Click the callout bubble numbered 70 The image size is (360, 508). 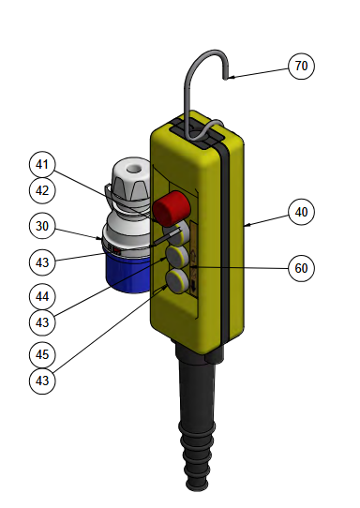tap(301, 67)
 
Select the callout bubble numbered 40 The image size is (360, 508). tap(301, 212)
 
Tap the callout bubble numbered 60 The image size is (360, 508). tap(301, 268)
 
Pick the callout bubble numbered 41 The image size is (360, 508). tap(42, 165)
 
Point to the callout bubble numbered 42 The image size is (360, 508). tap(42, 190)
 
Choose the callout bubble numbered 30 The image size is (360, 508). tap(42, 226)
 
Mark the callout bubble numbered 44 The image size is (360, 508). tap(42, 296)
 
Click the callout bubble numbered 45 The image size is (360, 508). tap(42, 355)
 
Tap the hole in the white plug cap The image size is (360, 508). tap(132, 168)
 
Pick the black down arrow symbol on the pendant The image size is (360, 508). tap(193, 286)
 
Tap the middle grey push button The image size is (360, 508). tap(177, 255)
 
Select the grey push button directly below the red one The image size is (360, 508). tap(176, 233)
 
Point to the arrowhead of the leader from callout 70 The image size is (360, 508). tap(229, 78)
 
